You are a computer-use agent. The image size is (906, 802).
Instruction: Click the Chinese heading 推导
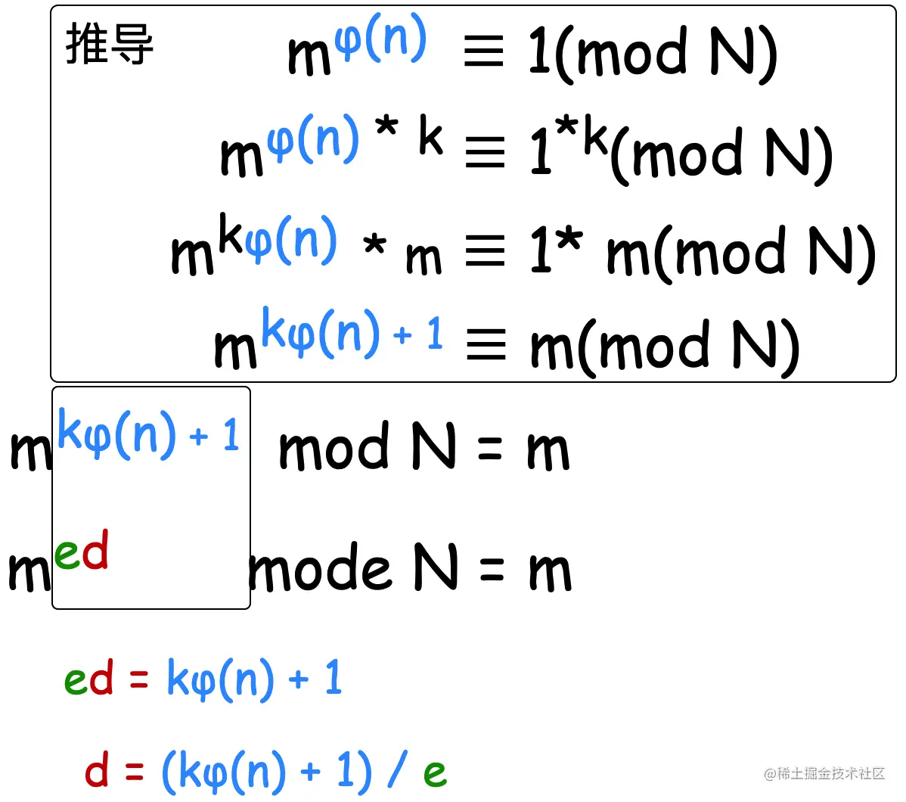coord(110,44)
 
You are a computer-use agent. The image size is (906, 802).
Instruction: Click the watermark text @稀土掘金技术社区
coord(824,773)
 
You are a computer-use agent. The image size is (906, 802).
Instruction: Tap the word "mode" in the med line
coord(321,571)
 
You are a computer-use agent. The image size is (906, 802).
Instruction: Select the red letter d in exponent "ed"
coord(95,551)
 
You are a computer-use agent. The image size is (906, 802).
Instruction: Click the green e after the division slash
coord(435,773)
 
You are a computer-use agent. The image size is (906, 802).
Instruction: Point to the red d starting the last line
coord(97,772)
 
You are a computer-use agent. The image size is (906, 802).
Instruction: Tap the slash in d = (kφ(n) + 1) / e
coord(396,772)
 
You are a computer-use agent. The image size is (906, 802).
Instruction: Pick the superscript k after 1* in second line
coord(594,138)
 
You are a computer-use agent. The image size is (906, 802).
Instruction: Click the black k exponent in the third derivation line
coord(231,236)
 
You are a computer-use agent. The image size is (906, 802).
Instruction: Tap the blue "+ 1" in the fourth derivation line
coord(418,334)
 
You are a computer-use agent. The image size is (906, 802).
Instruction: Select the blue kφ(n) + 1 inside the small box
coord(149,435)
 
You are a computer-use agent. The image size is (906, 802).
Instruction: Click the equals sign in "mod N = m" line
coord(490,450)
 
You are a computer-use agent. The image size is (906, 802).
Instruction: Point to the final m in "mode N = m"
coord(550,573)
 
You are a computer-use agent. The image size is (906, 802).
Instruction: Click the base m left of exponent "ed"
coord(29,573)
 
